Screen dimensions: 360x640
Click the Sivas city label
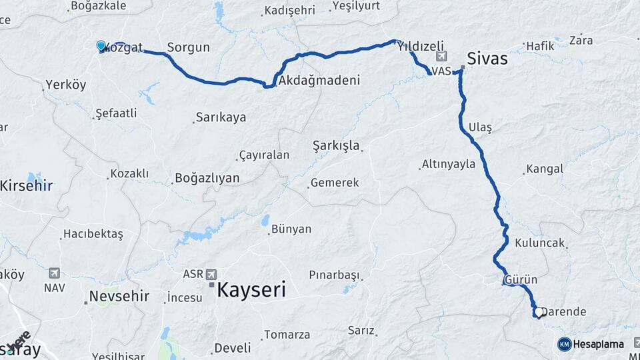[x=487, y=58]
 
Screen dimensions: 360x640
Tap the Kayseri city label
[x=251, y=290]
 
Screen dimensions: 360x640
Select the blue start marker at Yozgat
[x=101, y=45]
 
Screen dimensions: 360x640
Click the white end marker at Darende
[x=537, y=311]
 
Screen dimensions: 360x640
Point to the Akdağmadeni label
[x=319, y=81]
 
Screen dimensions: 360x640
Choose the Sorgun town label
[x=188, y=47]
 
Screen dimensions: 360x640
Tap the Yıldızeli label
[x=421, y=46]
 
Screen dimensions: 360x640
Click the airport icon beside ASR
[x=212, y=274]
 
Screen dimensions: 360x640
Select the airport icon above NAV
[x=54, y=273]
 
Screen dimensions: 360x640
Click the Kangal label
[x=545, y=169]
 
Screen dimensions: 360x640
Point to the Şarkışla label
[x=336, y=145]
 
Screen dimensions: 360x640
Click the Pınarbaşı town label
[x=334, y=275]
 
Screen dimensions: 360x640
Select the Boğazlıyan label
[x=207, y=178]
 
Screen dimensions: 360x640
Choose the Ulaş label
[x=480, y=127]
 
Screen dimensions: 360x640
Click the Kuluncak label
[x=541, y=243]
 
